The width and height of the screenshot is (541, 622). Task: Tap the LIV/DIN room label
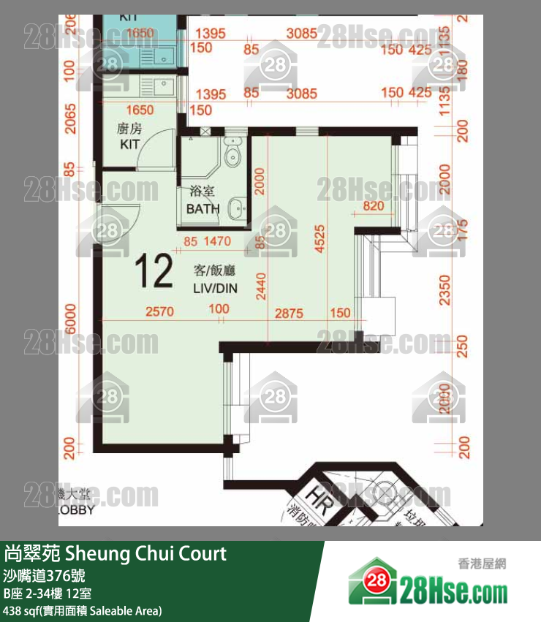[215, 281]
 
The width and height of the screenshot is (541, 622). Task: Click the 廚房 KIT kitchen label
[129, 137]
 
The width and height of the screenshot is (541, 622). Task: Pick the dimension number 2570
[160, 312]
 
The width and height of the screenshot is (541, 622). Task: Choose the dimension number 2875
[289, 312]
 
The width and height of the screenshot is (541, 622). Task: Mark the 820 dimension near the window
[372, 206]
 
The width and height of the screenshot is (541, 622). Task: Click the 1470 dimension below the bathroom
[217, 240]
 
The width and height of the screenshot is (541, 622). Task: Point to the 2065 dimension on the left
[69, 117]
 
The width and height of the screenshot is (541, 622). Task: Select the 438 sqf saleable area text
[82, 610]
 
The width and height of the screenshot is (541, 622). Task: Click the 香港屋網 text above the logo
[481, 564]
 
